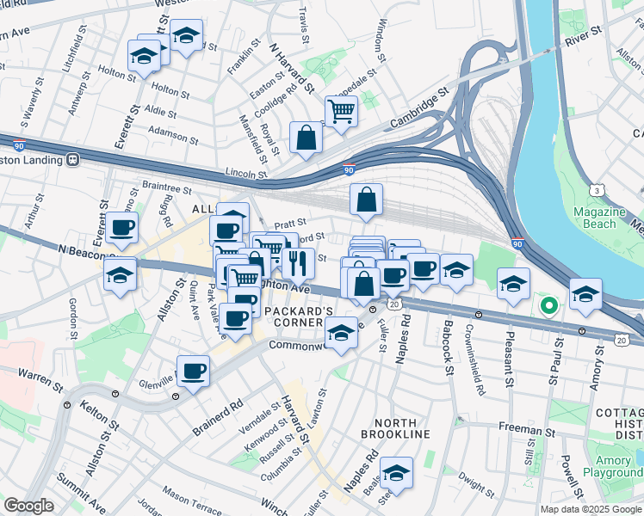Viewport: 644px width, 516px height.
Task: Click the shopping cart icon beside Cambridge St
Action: [x=341, y=110]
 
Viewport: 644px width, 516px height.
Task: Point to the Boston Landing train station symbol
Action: [x=74, y=159]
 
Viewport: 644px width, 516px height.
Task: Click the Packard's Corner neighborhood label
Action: [x=298, y=316]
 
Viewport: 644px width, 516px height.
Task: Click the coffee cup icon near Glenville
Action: [x=194, y=371]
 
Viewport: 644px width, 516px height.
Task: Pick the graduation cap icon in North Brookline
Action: [x=396, y=471]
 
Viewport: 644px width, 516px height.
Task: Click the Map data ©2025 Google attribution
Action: [x=591, y=508]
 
